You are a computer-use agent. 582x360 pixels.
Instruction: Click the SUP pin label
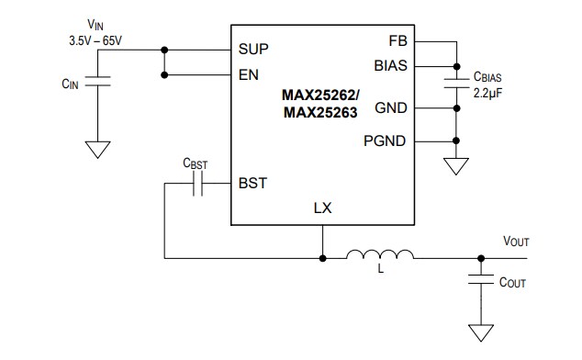(254, 48)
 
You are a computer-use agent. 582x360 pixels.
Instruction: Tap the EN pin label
(248, 74)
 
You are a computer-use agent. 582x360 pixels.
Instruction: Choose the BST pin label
(252, 183)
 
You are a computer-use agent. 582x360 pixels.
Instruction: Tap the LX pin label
(322, 208)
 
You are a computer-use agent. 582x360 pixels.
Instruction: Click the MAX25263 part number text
(320, 111)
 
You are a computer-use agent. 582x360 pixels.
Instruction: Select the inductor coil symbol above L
(380, 255)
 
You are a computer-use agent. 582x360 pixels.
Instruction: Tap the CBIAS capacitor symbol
(455, 84)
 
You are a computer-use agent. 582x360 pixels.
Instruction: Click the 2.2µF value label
(487, 93)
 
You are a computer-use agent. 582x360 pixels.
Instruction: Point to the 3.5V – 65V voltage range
(95, 41)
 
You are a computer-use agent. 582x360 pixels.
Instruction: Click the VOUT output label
(515, 241)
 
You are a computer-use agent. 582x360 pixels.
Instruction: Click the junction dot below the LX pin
(322, 257)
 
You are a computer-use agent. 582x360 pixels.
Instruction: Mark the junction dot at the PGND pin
(455, 141)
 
